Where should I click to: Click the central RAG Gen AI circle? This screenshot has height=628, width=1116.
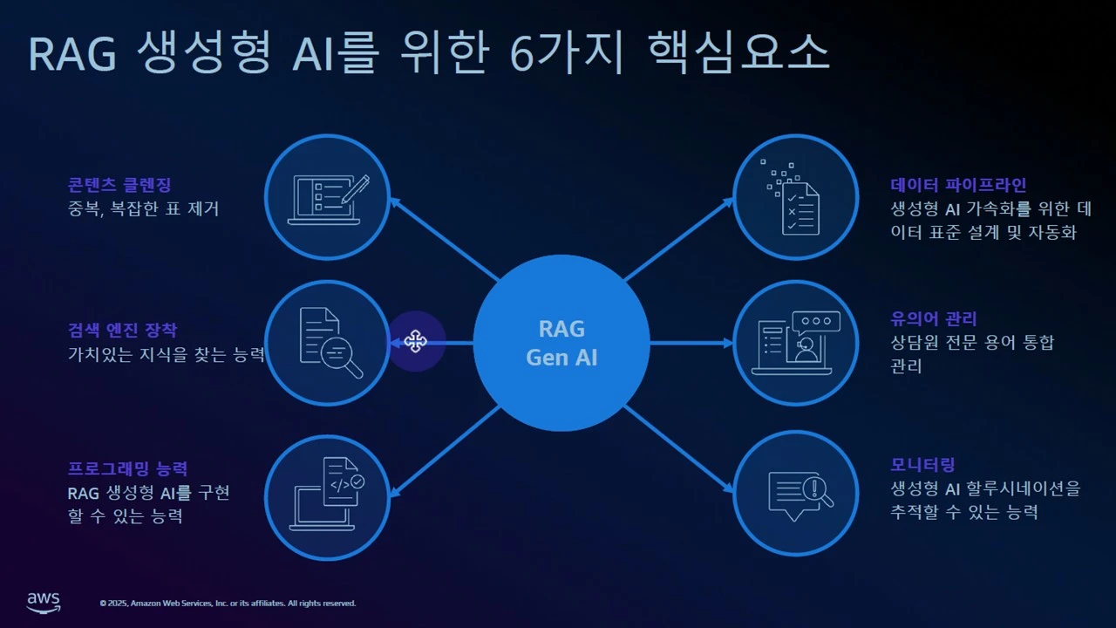[x=561, y=343]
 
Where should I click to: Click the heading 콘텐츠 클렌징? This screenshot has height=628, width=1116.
[x=119, y=185]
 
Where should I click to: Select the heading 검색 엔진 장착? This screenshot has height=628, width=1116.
[x=122, y=330]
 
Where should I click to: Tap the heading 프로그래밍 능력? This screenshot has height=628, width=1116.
[x=127, y=469]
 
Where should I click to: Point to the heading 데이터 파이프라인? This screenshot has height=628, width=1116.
[x=958, y=185]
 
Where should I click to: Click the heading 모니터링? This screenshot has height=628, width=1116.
[x=922, y=465]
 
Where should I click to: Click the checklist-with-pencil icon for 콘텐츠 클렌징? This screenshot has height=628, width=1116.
[x=327, y=198]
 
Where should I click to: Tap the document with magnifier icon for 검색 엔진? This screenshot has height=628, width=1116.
[x=327, y=343]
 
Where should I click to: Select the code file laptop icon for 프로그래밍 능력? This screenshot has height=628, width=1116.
[x=327, y=493]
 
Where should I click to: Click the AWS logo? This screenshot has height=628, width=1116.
[x=43, y=602]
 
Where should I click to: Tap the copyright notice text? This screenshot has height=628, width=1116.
[x=228, y=603]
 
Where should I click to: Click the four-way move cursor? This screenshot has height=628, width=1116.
[x=415, y=342]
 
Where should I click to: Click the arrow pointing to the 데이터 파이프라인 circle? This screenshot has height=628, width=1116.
[x=680, y=239]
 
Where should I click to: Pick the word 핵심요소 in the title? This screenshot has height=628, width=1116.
[x=738, y=54]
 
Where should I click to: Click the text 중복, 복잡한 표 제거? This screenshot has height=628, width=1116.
[x=143, y=209]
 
